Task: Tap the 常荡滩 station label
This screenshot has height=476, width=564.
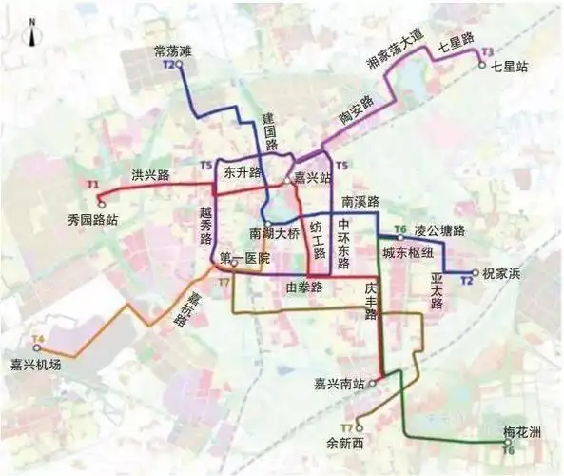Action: pyautogui.click(x=173, y=50)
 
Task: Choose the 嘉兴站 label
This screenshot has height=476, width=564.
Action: pyautogui.click(x=312, y=178)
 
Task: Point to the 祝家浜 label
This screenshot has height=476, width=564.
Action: pyautogui.click(x=502, y=274)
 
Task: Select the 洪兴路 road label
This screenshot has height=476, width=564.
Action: pyautogui.click(x=150, y=175)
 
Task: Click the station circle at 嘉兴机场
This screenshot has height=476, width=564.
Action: pyautogui.click(x=37, y=348)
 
